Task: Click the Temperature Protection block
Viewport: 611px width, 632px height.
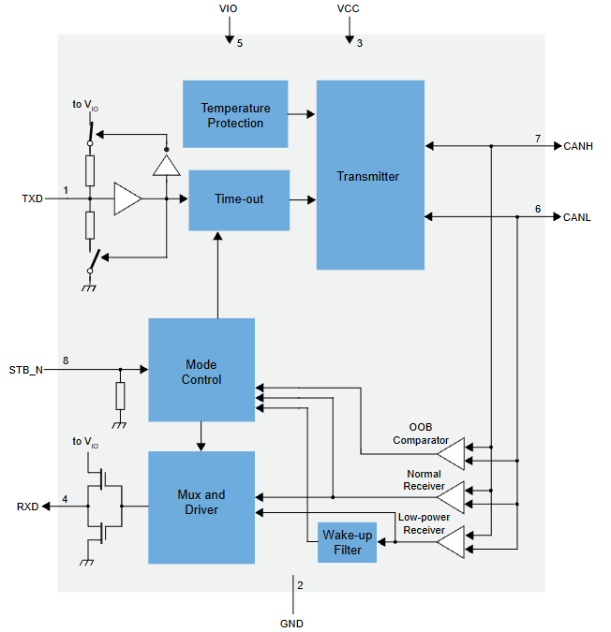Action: click(x=235, y=114)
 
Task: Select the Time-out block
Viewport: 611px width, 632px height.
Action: click(x=239, y=200)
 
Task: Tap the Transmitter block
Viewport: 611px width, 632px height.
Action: click(x=370, y=175)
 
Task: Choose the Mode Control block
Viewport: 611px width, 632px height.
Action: click(x=201, y=370)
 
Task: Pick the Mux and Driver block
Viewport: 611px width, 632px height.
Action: click(x=201, y=507)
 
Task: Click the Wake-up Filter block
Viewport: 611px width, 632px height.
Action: click(x=348, y=542)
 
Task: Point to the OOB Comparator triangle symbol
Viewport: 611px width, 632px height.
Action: click(x=451, y=454)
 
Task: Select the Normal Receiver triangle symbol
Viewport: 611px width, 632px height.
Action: click(x=451, y=497)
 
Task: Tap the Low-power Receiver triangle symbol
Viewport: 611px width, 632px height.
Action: click(x=451, y=542)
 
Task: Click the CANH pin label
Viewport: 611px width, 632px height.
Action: click(x=578, y=146)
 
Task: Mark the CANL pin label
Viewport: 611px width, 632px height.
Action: click(x=576, y=217)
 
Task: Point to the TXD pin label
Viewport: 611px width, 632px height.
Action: click(x=32, y=198)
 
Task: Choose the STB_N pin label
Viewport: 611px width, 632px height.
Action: click(x=26, y=370)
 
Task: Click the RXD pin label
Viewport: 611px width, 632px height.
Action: click(x=27, y=507)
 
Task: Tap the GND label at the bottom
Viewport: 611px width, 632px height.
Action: click(x=291, y=624)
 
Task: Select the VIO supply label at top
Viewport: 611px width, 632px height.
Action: click(x=229, y=8)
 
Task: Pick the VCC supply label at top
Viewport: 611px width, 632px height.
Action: click(x=348, y=8)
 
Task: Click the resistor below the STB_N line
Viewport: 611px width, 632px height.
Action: click(x=120, y=396)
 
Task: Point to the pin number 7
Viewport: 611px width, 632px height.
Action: click(x=538, y=139)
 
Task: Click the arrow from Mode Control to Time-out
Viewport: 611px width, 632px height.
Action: click(x=217, y=275)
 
